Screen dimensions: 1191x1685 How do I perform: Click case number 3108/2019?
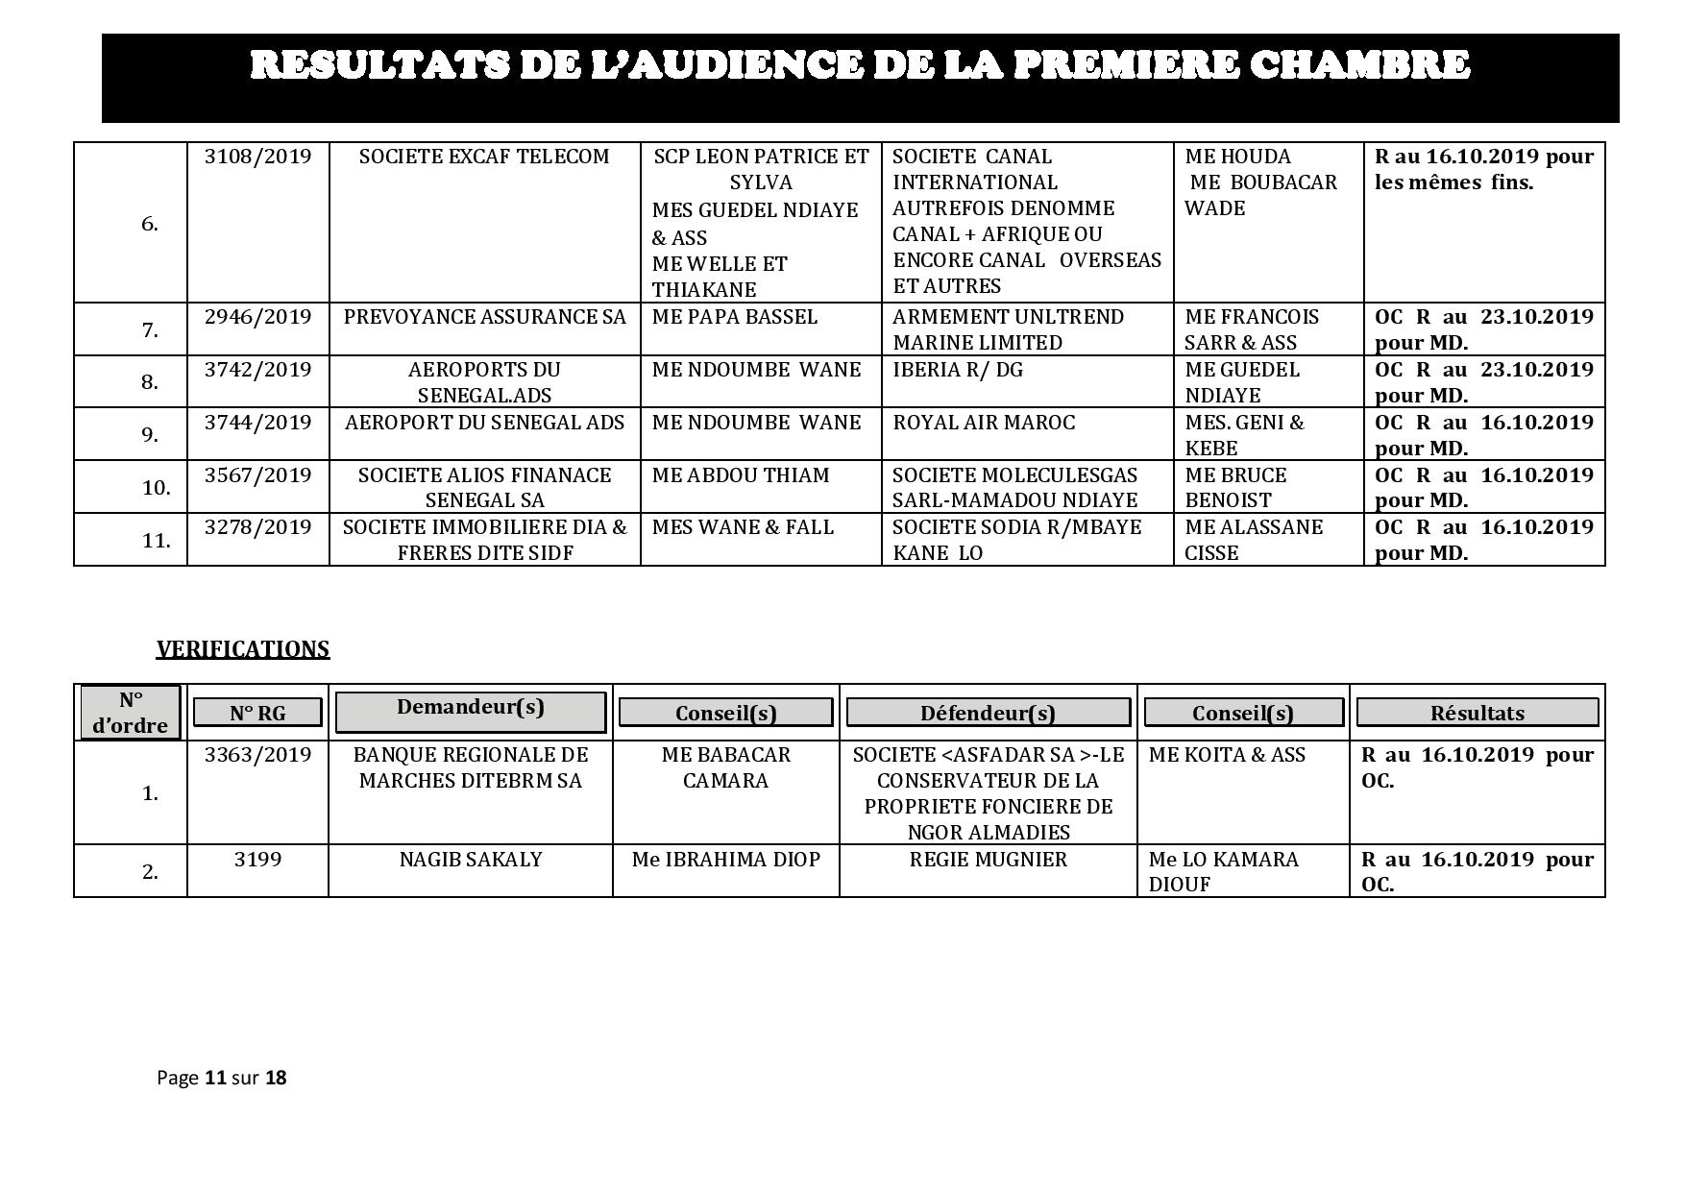[x=257, y=157]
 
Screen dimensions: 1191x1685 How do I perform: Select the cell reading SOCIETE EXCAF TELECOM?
[x=484, y=157]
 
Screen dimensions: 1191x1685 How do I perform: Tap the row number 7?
[x=150, y=330]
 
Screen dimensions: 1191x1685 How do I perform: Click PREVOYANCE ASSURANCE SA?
[x=484, y=317]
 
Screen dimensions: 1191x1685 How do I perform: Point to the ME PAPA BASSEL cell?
[x=734, y=317]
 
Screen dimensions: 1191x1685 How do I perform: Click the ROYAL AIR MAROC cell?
[x=984, y=423]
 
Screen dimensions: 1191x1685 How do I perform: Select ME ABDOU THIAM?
[x=740, y=475]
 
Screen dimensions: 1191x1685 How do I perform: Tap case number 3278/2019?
[x=257, y=527]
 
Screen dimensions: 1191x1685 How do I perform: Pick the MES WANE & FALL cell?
[x=743, y=527]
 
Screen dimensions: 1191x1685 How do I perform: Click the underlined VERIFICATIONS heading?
[x=243, y=649]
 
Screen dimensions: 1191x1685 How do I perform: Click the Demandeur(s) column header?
[x=470, y=708]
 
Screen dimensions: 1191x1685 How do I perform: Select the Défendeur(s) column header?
[x=988, y=713]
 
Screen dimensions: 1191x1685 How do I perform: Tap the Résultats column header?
[x=1477, y=713]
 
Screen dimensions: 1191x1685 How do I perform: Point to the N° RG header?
[x=257, y=713]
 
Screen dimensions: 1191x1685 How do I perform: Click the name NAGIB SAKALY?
[x=471, y=860]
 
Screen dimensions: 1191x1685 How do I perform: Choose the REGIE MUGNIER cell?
[x=988, y=860]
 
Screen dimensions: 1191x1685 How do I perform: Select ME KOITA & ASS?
[x=1227, y=755]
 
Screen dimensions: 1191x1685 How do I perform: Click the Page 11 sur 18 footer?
[x=222, y=1078]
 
